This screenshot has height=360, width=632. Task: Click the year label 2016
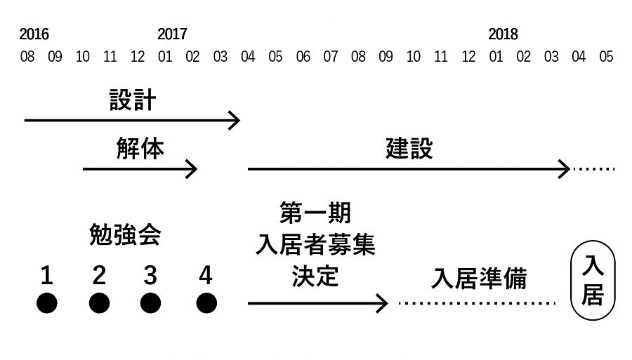coord(34,34)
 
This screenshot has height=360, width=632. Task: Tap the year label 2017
coord(172,34)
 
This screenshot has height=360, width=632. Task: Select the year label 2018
coord(503,34)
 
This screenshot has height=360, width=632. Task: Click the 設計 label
coord(132,100)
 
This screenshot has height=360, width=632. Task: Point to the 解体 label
coord(140,149)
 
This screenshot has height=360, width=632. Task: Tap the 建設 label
coord(409,149)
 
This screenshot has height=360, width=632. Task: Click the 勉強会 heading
coord(125,235)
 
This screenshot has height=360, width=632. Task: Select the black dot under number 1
coord(46,303)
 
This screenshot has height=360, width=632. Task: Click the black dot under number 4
coord(206,303)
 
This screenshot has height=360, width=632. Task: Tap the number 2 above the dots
coord(99,276)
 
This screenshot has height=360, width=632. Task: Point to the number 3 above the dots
coord(150,276)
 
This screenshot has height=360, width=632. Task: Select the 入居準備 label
coord(479,279)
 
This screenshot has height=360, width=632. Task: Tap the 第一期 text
coord(315,211)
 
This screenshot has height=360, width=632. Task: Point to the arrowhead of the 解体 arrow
coord(192,169)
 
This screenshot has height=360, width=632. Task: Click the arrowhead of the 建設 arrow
coord(564,169)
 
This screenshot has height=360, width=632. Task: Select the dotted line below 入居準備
coord(478,303)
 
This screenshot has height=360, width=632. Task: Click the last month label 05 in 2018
coord(606,57)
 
